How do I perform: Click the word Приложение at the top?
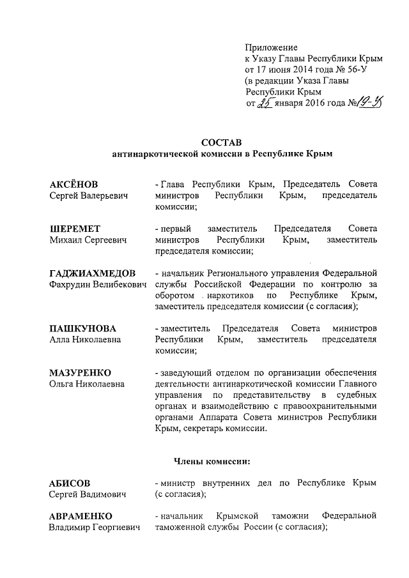tap(272, 48)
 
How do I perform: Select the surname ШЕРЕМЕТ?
tap(75, 229)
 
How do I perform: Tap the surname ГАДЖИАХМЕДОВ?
tap(92, 273)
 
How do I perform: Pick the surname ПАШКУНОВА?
tap(83, 328)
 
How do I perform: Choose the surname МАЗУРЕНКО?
tap(81, 372)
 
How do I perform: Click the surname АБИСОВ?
tap(70, 483)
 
